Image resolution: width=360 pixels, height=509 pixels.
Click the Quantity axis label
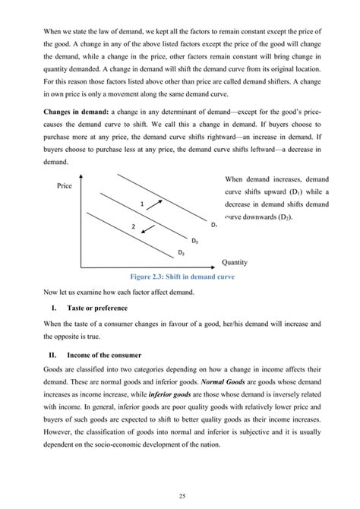pyautogui.click(x=235, y=263)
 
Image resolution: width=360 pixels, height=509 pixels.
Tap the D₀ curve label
pyautogui.click(x=195, y=241)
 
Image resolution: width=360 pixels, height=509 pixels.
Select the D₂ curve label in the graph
pyautogui.click(x=182, y=251)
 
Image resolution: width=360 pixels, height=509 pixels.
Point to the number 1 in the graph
pyautogui.click(x=142, y=204)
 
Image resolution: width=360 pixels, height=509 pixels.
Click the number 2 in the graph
pyautogui.click(x=133, y=227)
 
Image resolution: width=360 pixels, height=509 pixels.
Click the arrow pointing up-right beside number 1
pyautogui.click(x=159, y=201)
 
